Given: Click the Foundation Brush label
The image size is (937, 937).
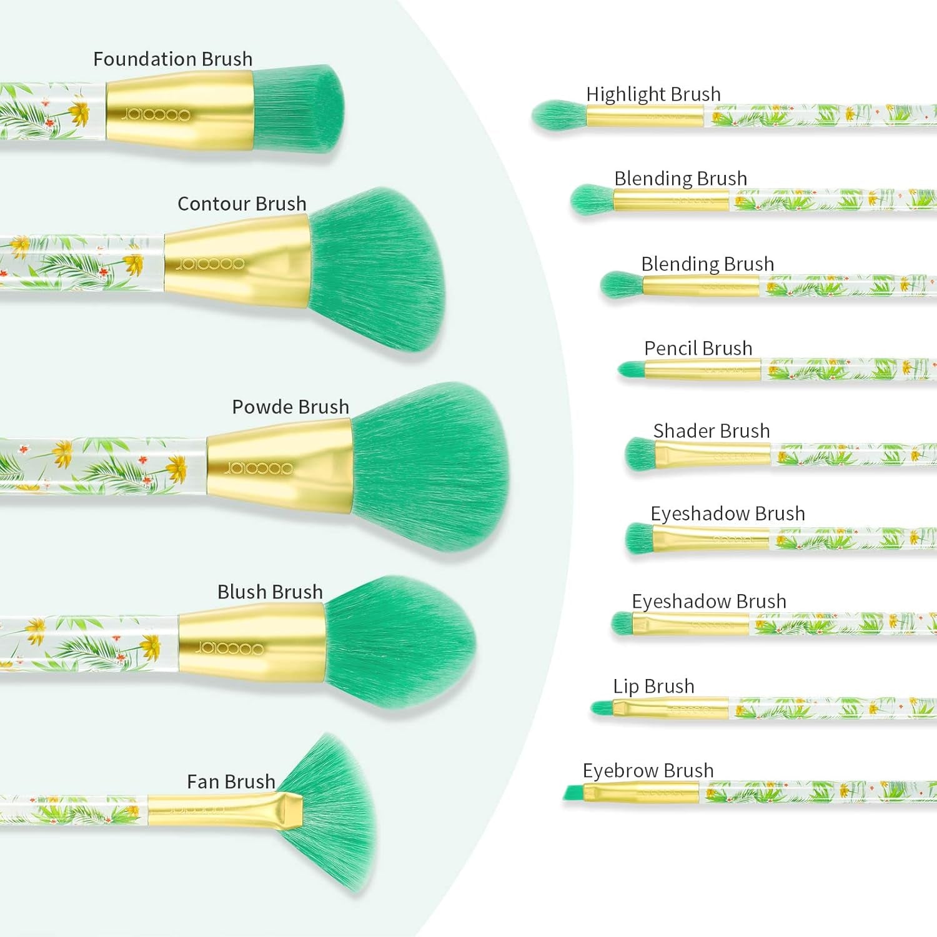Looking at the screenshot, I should pos(172,59).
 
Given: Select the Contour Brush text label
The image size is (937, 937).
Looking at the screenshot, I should pos(242,204).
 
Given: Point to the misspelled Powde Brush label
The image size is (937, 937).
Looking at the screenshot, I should pos(290,407).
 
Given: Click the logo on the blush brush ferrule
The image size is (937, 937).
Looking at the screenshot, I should pos(231,648).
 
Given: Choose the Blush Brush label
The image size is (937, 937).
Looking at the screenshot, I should pos(270,592).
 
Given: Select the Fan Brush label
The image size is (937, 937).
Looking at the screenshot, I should pos(231,781).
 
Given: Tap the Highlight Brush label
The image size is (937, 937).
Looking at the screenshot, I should pos(653,94).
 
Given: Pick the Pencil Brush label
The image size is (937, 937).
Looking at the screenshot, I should pos(698,348).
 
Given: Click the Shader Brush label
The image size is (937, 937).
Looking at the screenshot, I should pos(711,431).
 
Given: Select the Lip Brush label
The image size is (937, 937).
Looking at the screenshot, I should pos(653,686).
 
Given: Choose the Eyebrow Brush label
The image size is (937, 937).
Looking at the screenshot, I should pos(648,770).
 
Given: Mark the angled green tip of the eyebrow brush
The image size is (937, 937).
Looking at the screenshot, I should pos(573,793).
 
